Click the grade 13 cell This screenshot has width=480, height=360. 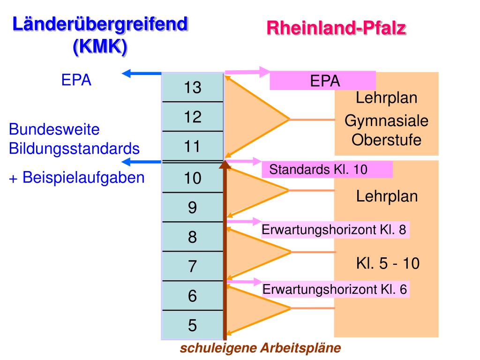[x=192, y=88]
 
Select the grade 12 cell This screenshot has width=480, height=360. [x=192, y=117]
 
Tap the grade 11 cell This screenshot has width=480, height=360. [x=192, y=146]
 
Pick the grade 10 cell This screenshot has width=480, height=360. [x=192, y=178]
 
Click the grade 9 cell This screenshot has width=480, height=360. [x=192, y=207]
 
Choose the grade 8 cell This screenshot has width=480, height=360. [x=192, y=237]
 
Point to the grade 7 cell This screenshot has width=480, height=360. [x=192, y=266]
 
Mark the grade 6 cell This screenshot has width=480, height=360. [x=192, y=296]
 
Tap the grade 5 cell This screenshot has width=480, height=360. [x=192, y=325]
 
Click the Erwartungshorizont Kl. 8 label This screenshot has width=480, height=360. [x=335, y=230]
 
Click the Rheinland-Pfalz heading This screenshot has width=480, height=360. [x=336, y=28]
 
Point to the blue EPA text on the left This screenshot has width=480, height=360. [x=76, y=80]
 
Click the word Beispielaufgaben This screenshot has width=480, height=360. [x=83, y=178]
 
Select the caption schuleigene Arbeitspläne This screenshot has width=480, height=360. [x=261, y=348]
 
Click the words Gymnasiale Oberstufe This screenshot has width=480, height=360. [x=386, y=131]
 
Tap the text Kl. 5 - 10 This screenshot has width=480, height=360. [x=387, y=263]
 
